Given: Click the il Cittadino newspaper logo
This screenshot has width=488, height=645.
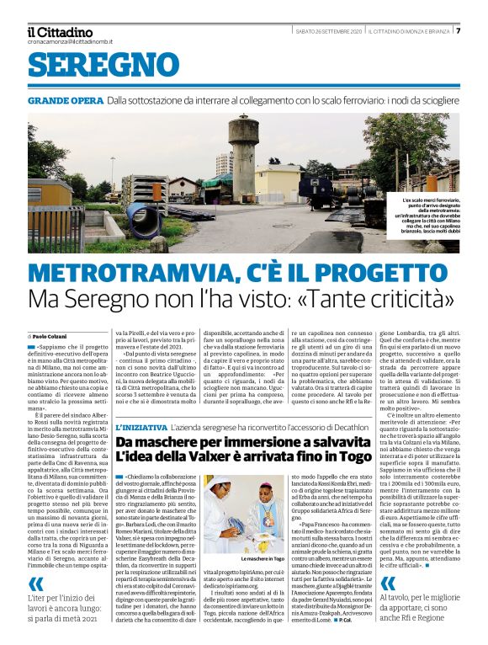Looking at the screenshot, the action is tap(59, 31).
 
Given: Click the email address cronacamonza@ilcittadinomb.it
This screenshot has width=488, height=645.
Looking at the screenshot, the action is tap(69, 41).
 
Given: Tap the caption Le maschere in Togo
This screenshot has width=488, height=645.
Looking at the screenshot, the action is tap(244, 558).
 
